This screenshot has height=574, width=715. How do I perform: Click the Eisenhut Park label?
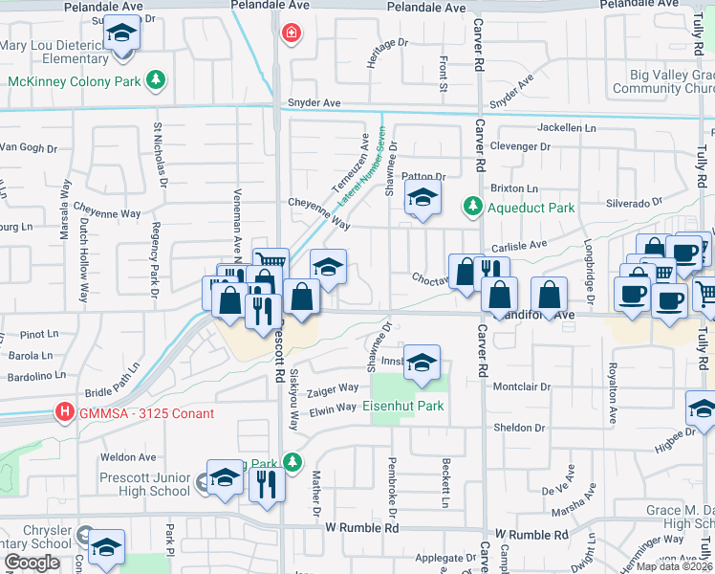coord(403,406)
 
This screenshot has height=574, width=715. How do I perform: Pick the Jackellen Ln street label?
coord(566,127)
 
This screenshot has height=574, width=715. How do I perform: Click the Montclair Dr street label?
coord(519,386)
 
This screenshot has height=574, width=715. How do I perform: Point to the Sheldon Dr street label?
coord(518,428)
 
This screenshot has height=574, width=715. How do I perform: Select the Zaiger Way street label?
coord(333,388)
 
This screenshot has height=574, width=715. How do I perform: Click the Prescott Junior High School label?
coord(144,484)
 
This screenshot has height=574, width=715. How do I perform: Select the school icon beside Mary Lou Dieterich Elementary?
coord(120,35)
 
